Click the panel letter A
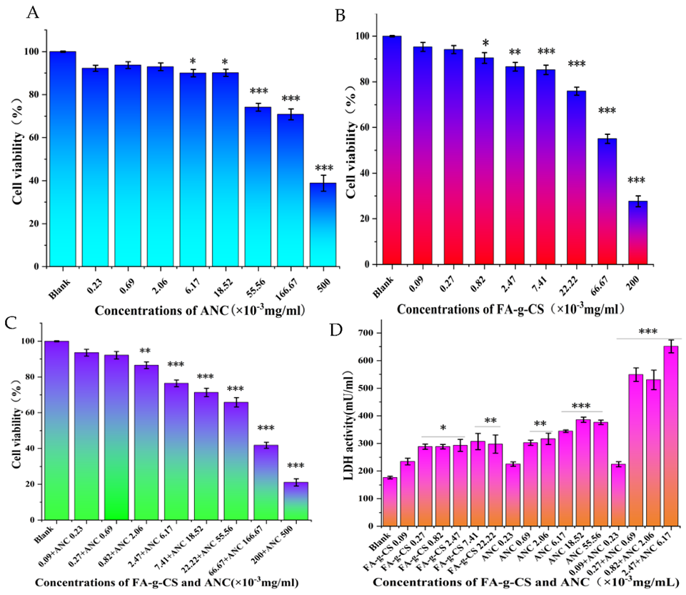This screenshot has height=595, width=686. (x=32, y=12)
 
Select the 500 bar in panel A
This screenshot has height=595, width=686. (x=323, y=224)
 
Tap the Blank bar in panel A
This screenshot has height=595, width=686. (x=63, y=159)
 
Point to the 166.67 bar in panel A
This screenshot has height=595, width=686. (x=291, y=191)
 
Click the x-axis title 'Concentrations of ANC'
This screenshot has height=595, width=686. (x=162, y=311)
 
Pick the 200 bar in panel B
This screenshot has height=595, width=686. (x=637, y=232)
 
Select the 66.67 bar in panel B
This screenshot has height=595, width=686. (x=607, y=201)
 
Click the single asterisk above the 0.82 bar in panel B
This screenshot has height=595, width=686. (x=485, y=43)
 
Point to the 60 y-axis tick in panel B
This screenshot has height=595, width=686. (x=365, y=127)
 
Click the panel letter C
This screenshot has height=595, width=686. (x=11, y=323)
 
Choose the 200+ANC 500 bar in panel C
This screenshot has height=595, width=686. (x=296, y=501)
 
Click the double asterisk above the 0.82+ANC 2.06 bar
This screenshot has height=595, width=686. (x=145, y=351)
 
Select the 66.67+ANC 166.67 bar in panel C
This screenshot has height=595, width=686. (x=266, y=482)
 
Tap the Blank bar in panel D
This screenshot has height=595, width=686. (x=390, y=501)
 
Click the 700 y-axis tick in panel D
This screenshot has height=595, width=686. (x=367, y=333)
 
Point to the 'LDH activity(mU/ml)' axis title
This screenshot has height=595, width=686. (x=348, y=425)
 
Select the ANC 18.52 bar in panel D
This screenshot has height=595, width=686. (x=582, y=473)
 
